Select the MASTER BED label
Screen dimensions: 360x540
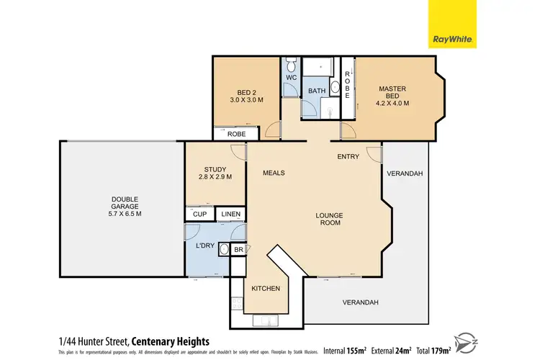(393, 96)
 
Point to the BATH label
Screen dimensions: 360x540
(317, 91)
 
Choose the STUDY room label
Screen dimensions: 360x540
(215, 174)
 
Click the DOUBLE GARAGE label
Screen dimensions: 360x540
(125, 206)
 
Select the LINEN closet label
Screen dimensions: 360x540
(230, 214)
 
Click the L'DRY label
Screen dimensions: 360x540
(206, 246)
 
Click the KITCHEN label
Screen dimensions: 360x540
(265, 288)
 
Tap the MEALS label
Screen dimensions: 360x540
(274, 173)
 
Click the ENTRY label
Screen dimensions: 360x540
(349, 156)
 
